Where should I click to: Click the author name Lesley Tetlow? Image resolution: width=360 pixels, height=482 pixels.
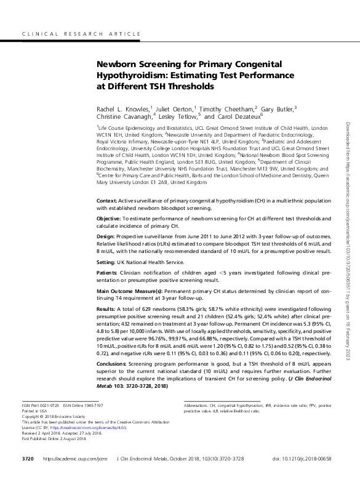coord(180,116)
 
